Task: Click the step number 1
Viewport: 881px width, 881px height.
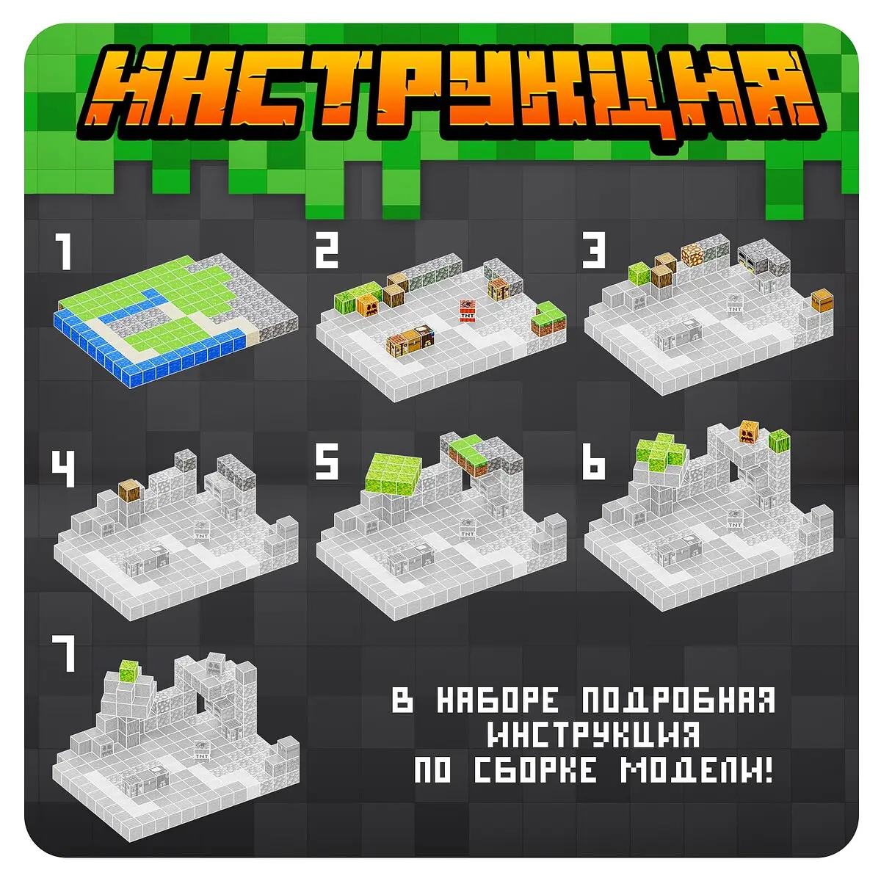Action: click(64, 252)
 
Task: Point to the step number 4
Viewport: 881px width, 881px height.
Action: click(64, 468)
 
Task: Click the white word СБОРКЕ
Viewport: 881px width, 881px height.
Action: click(535, 769)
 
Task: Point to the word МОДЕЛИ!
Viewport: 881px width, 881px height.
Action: click(697, 769)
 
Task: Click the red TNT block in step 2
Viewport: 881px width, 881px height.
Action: click(466, 311)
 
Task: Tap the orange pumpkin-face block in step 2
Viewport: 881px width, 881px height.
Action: click(367, 306)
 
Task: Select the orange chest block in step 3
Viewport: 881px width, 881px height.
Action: click(822, 300)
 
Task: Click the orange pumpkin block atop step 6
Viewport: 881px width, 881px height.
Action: click(750, 431)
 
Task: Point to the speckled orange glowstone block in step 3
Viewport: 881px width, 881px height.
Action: click(692, 255)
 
